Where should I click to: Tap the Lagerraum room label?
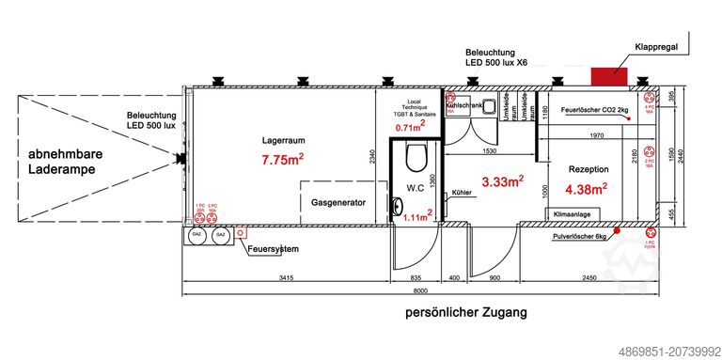tap(283, 141)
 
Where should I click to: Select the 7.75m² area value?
tap(282, 160)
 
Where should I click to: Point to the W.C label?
tap(416, 187)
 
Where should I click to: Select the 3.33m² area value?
tap(502, 180)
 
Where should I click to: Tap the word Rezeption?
tap(589, 169)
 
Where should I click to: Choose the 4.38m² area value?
tap(586, 189)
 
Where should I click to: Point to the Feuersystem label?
tap(274, 249)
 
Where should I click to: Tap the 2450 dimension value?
tap(589, 279)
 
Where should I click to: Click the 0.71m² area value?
tap(411, 127)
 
